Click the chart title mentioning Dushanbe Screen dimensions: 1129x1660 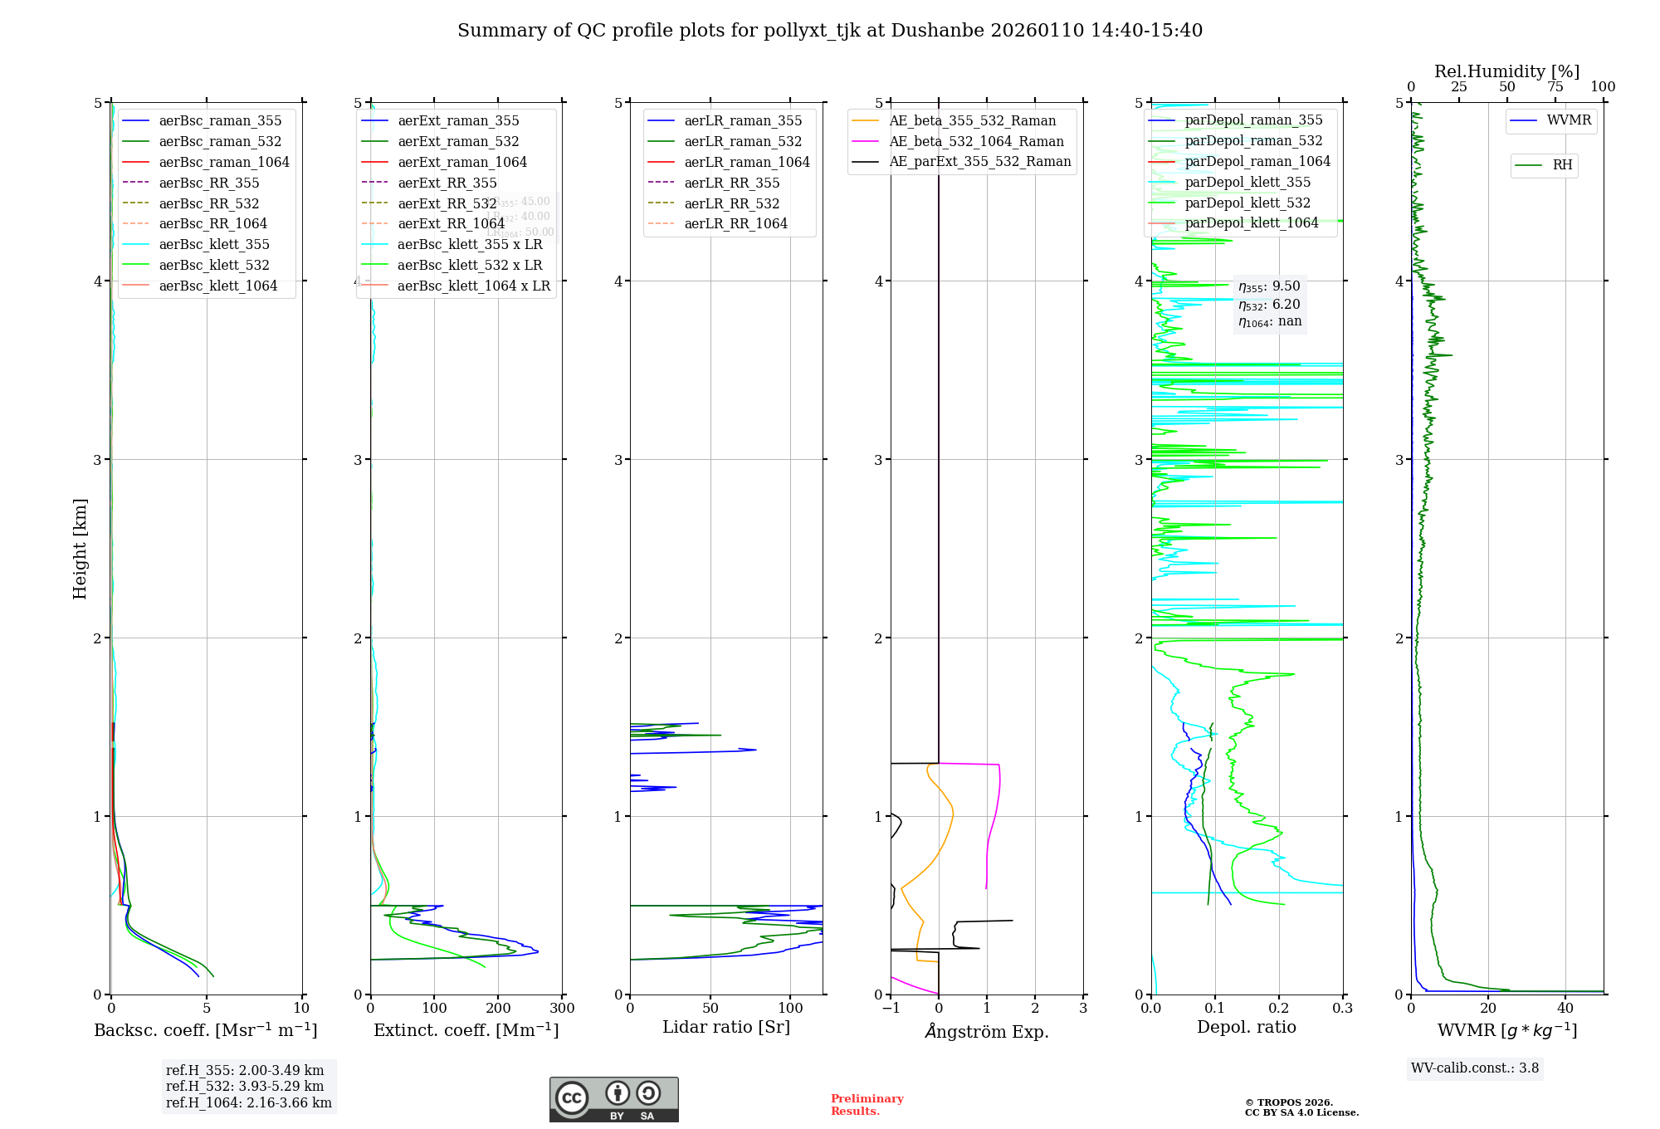tap(830, 31)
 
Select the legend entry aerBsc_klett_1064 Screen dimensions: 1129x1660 tap(217, 286)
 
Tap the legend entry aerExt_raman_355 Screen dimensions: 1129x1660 tap(458, 120)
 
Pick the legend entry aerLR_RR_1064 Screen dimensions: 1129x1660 tap(735, 223)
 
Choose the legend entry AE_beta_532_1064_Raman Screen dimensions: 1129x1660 tap(976, 141)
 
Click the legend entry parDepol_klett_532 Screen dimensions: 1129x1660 tap(1247, 203)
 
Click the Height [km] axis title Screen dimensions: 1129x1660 tap(80, 548)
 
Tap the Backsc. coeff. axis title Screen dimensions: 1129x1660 tap(206, 1030)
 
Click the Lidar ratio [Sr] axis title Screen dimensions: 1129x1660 tap(726, 1027)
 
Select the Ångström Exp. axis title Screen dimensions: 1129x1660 tap(987, 1031)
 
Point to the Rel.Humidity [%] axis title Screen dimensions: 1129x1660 tap(1506, 71)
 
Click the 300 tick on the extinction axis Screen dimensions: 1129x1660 tap(562, 1009)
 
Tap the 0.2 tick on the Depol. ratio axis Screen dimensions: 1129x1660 tap(1279, 1009)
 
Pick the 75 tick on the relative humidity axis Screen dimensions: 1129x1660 tap(1555, 87)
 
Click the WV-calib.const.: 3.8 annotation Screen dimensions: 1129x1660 tap(1475, 1068)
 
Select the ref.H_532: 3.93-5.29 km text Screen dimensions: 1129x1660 tap(245, 1086)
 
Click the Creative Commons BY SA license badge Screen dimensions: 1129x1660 tap(613, 1099)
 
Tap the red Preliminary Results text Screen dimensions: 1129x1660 tap(867, 1105)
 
